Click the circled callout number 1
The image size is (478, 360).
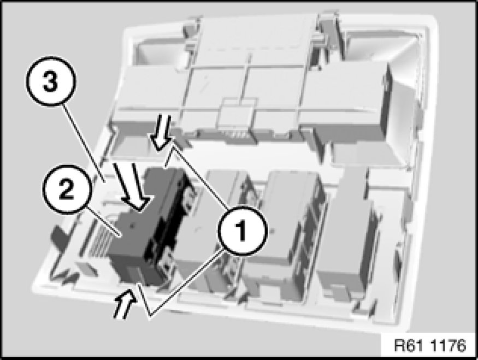(x=243, y=231)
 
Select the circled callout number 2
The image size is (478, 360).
(x=67, y=190)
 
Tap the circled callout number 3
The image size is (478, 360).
(x=51, y=81)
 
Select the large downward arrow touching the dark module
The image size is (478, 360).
(x=131, y=186)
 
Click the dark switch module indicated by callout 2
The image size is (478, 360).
(x=149, y=226)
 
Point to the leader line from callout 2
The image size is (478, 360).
(x=103, y=223)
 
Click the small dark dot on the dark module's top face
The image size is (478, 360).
(x=132, y=226)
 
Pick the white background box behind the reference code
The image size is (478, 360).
(x=429, y=345)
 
